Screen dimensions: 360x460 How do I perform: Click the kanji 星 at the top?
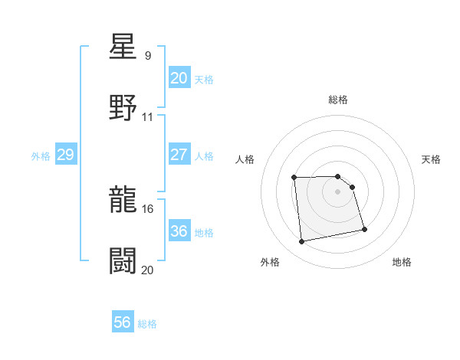coord(123,47)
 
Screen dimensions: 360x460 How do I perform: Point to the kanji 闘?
coord(123,260)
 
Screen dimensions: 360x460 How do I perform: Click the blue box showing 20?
coord(179,78)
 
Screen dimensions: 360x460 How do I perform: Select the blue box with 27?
coord(179,154)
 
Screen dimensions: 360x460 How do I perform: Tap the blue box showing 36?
coord(179,231)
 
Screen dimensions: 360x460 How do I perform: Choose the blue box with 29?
coord(65,155)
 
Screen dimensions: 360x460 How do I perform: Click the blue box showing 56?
coord(123,322)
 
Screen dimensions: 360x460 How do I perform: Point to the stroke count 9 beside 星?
coord(148,56)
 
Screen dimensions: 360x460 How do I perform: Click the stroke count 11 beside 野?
coord(148,117)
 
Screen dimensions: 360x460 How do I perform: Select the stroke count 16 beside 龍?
coord(148,208)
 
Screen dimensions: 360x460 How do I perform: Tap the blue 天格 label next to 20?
coord(204,80)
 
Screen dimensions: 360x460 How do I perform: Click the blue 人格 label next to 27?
coord(204,156)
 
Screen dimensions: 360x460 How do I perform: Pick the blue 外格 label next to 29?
coord(41,156)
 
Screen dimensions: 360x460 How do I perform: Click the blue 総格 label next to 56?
coord(147,324)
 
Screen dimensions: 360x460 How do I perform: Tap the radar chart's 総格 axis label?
coord(338,100)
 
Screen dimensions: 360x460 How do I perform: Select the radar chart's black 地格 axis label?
coord(402,263)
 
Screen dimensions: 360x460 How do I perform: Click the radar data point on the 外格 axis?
coord(302,242)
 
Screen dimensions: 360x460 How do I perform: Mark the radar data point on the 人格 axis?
coord(294,178)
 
